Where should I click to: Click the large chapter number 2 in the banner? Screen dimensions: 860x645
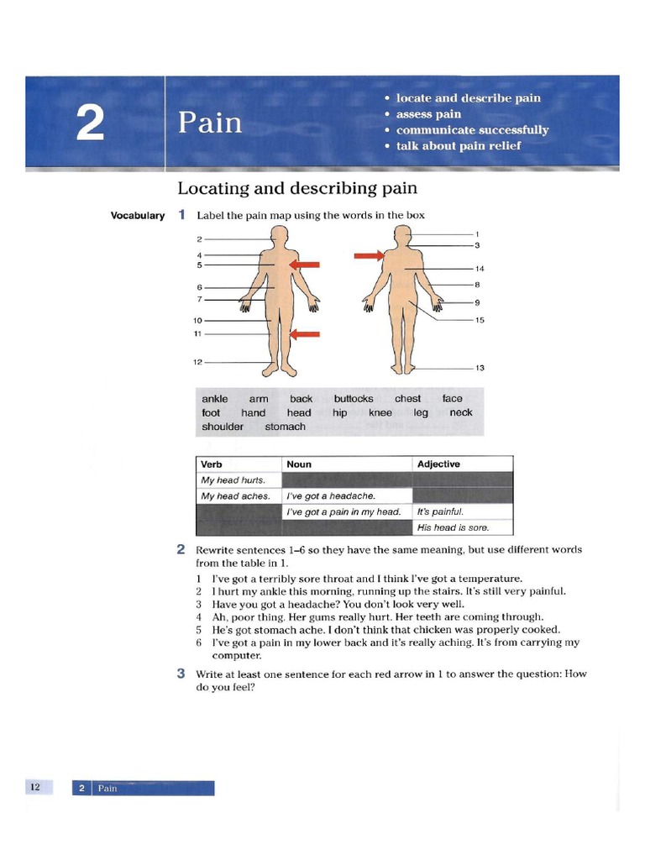pyautogui.click(x=90, y=124)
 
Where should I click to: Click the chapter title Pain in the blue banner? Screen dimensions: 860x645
pyautogui.click(x=210, y=123)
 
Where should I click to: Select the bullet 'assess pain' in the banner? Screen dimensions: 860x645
pyautogui.click(x=428, y=114)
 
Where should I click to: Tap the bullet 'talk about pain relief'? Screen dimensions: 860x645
pyautogui.click(x=459, y=145)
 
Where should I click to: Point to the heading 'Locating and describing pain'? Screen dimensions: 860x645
pyautogui.click(x=297, y=188)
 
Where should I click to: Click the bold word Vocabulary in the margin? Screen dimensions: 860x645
pyautogui.click(x=138, y=216)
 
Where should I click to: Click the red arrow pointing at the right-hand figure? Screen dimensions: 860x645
pyautogui.click(x=369, y=255)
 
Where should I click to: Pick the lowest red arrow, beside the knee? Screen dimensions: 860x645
pyautogui.click(x=305, y=334)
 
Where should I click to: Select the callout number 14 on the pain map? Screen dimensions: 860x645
pyautogui.click(x=480, y=269)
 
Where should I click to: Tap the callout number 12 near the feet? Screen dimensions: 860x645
pyautogui.click(x=198, y=362)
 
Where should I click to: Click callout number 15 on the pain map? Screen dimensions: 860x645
pyautogui.click(x=480, y=320)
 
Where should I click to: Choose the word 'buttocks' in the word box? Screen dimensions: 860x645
pyautogui.click(x=354, y=399)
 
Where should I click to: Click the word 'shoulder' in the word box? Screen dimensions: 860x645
pyautogui.click(x=223, y=427)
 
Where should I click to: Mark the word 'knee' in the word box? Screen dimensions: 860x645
pyautogui.click(x=380, y=413)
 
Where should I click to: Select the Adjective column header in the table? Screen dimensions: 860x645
pyautogui.click(x=438, y=464)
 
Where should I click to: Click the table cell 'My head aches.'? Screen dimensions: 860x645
pyautogui.click(x=236, y=496)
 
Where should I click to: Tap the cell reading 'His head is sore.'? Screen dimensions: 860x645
pyautogui.click(x=453, y=528)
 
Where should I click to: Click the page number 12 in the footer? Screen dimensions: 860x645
pyautogui.click(x=35, y=787)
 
